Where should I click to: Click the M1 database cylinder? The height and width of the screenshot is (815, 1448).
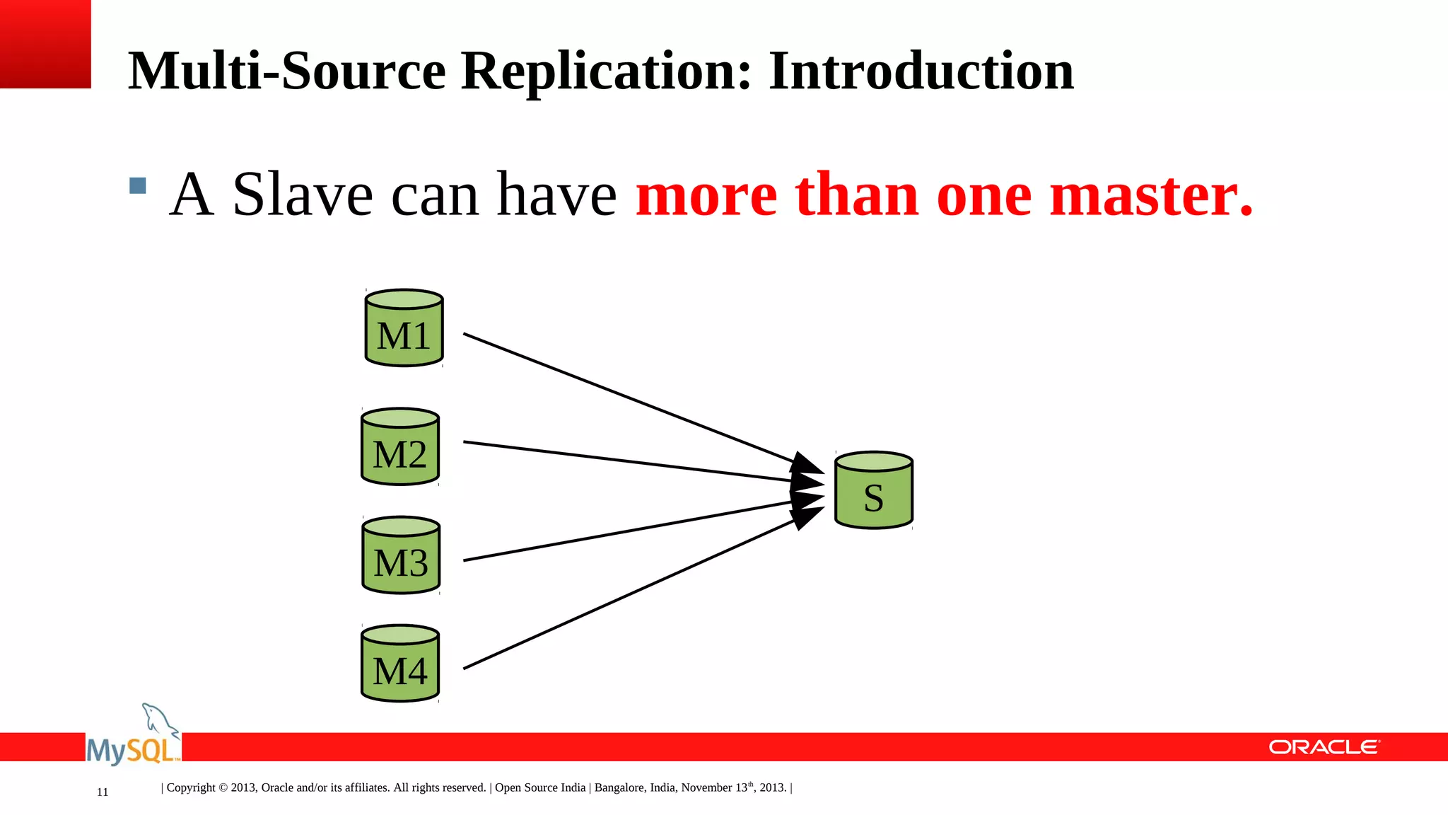tap(404, 328)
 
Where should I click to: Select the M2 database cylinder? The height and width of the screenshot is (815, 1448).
tap(400, 447)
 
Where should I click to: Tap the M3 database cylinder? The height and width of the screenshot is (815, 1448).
tap(401, 555)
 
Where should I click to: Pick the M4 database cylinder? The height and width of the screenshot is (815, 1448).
tap(400, 664)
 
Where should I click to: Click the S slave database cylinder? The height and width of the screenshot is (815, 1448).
tap(874, 490)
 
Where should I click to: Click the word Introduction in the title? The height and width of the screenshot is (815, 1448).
tap(921, 71)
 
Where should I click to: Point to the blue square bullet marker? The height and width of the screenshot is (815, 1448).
tap(138, 186)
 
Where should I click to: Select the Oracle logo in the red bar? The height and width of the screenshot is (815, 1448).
tap(1324, 747)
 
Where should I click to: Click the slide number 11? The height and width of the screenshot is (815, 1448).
tap(103, 792)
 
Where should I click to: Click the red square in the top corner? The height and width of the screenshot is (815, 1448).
tap(45, 44)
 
